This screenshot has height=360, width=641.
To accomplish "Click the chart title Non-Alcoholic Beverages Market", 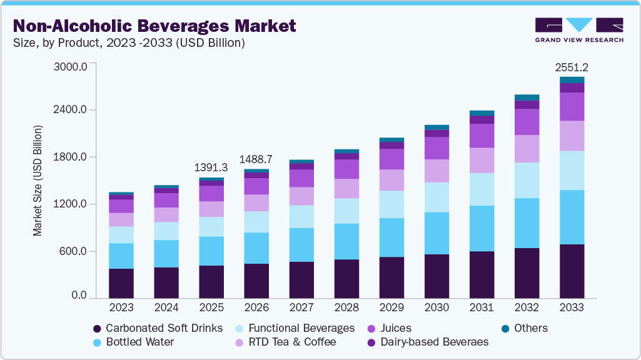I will (x=154, y=26).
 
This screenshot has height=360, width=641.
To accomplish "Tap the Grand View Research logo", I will (x=578, y=29).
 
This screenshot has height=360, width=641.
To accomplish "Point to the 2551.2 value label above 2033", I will (x=572, y=67).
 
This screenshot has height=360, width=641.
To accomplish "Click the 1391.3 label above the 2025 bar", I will (x=211, y=167).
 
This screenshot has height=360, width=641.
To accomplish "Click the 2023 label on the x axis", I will (x=121, y=307).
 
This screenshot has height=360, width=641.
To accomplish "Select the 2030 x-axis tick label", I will (x=437, y=307).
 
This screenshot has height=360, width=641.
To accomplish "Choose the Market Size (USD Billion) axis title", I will (x=38, y=181).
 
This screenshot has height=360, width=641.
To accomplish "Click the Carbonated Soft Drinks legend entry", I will (x=164, y=328).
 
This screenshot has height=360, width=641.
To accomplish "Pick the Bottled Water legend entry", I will (x=139, y=342).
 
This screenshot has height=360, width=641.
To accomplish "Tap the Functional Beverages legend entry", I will (x=301, y=328).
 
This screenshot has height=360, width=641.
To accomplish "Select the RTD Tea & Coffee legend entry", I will (x=292, y=342).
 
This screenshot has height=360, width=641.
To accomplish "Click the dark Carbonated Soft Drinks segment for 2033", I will (x=572, y=271).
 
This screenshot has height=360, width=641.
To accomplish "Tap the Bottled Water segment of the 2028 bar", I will (x=346, y=241).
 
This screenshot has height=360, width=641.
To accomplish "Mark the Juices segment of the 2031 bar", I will (x=482, y=136).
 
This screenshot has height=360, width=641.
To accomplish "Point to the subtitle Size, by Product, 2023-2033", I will (x=128, y=43).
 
